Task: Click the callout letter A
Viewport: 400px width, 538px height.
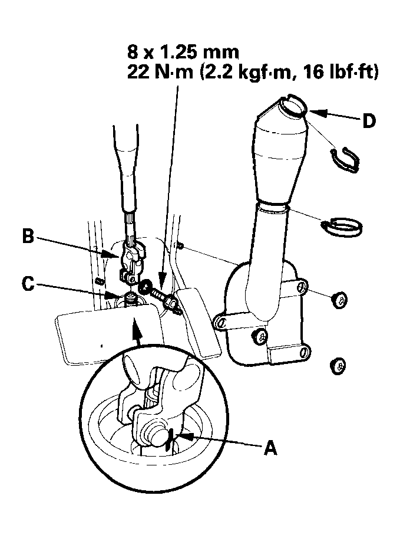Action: click(269, 449)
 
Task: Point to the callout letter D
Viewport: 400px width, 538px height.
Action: click(368, 121)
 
